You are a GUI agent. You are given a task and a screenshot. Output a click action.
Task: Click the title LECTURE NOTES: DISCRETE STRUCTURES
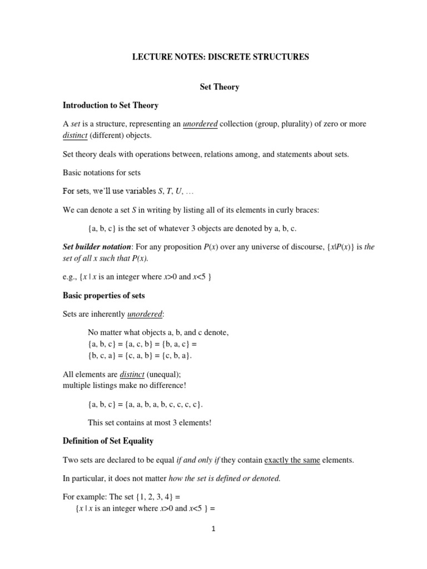[219, 57]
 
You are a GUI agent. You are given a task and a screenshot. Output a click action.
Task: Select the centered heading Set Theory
[219, 87]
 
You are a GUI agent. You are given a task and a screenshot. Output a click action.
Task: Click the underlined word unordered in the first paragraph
[200, 124]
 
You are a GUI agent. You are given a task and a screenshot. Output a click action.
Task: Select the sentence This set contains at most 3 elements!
[150, 422]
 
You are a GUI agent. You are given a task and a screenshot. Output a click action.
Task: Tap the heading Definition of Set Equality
[108, 441]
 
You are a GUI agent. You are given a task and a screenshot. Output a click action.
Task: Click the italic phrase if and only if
[198, 460]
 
